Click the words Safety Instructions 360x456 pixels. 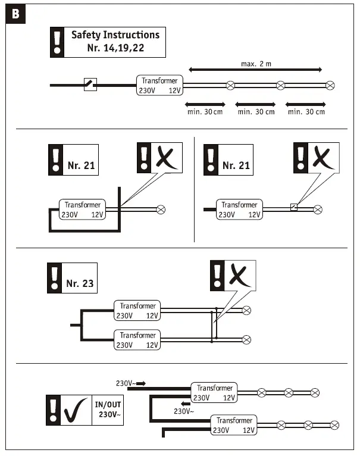click(x=115, y=35)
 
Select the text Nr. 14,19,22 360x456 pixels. click(x=115, y=48)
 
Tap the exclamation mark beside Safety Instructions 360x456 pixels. click(x=57, y=42)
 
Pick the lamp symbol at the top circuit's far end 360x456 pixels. click(x=330, y=85)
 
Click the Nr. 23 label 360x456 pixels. click(x=80, y=283)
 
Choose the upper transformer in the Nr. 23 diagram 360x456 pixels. click(x=138, y=311)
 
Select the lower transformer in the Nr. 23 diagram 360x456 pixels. click(x=138, y=340)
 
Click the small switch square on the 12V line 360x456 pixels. click(x=293, y=208)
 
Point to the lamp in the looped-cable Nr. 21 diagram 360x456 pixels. click(x=160, y=210)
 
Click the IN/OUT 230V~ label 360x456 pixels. click(x=108, y=410)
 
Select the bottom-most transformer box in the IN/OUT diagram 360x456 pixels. click(x=234, y=425)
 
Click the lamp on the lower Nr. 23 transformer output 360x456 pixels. click(x=247, y=339)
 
